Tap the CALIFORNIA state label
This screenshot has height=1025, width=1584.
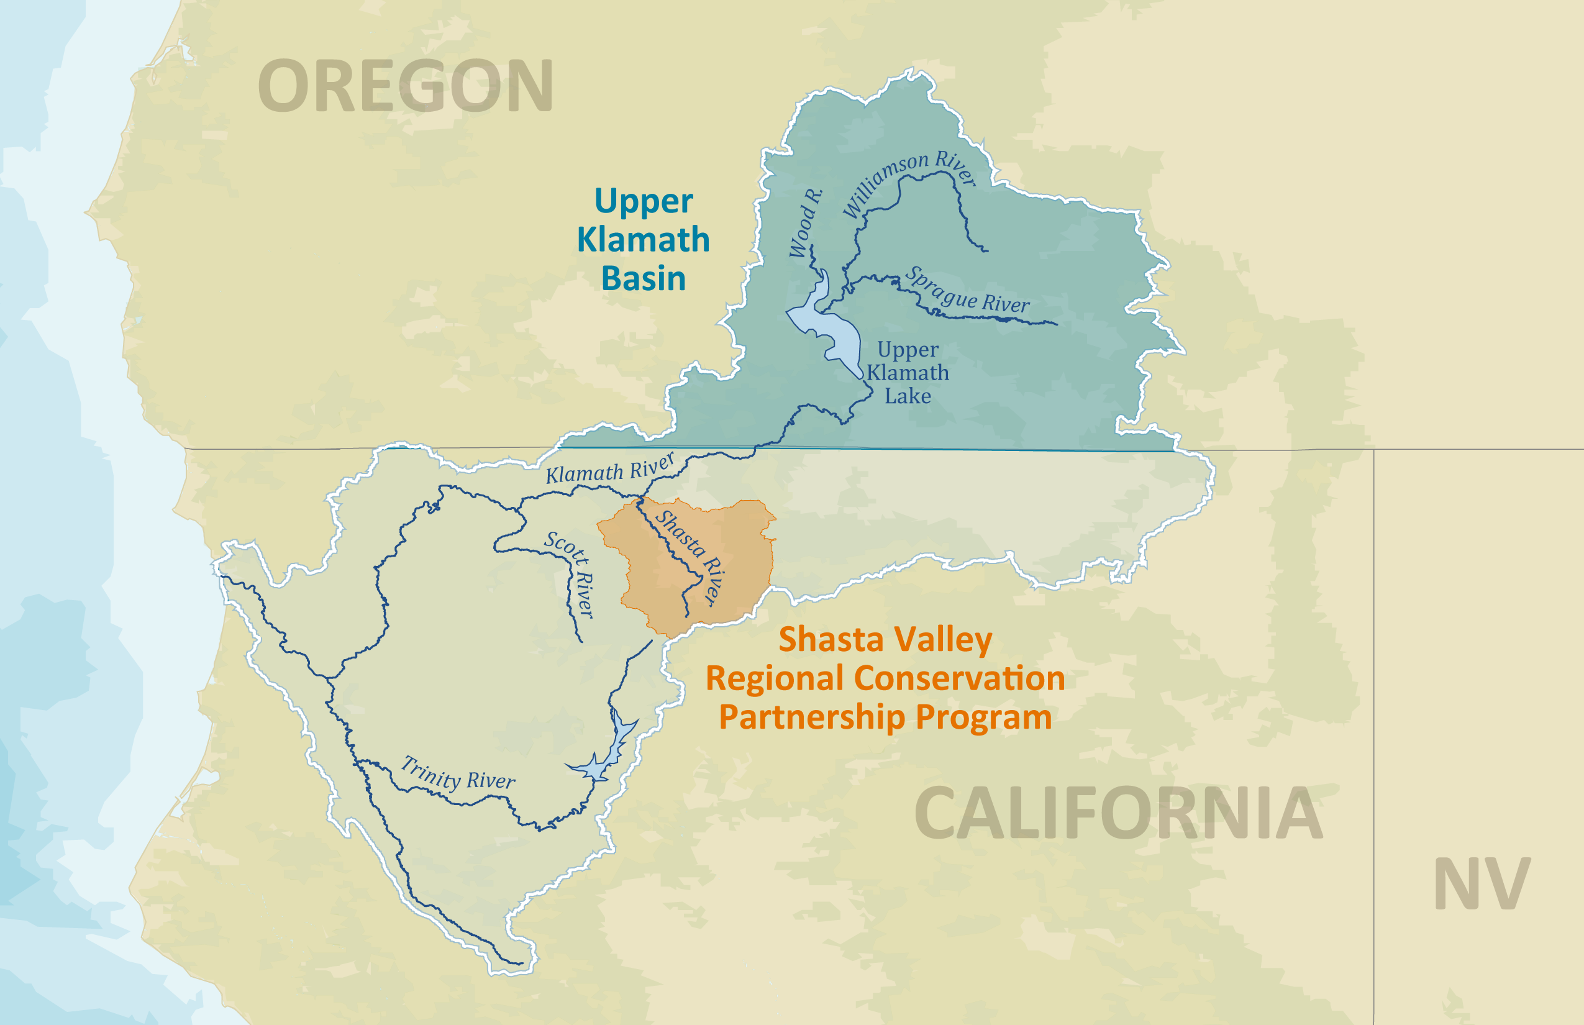pyautogui.click(x=1118, y=813)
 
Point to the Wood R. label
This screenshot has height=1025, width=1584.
pyautogui.click(x=805, y=223)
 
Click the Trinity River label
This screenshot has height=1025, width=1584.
pyautogui.click(x=458, y=774)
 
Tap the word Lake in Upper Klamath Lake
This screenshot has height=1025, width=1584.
pyautogui.click(x=907, y=397)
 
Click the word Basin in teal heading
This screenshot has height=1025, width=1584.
pyautogui.click(x=643, y=278)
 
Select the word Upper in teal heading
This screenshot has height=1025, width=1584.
pyautogui.click(x=643, y=201)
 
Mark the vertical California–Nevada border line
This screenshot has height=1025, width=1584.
pyautogui.click(x=1374, y=665)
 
